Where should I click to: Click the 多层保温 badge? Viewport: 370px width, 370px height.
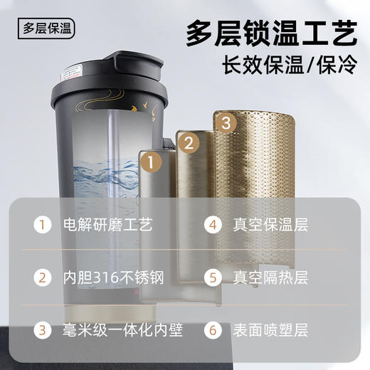tap(48, 29)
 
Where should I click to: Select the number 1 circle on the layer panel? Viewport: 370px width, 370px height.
tap(149, 162)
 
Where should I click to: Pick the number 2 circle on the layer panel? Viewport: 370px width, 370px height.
tap(189, 143)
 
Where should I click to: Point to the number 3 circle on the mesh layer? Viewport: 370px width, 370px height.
tap(226, 122)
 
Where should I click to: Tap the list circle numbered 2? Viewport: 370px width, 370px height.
tap(43, 277)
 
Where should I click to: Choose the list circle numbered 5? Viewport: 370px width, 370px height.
tap(214, 277)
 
